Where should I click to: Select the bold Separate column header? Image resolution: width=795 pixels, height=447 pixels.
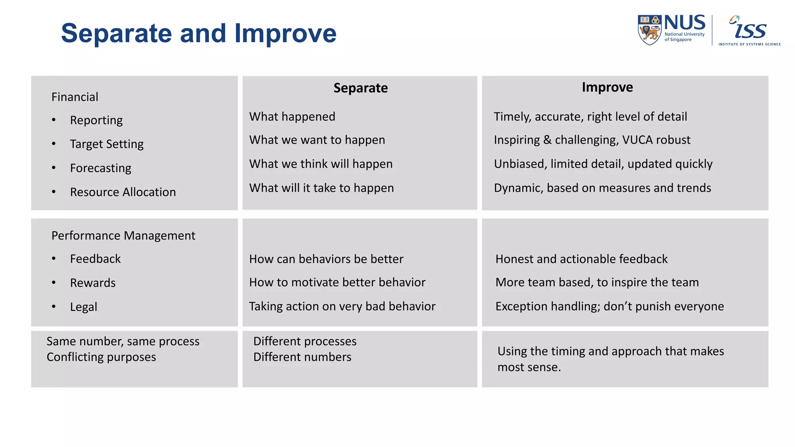point(360,88)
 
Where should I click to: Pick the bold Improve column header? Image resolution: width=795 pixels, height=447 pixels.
point(607,87)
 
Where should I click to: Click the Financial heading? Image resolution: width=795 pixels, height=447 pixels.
point(75,97)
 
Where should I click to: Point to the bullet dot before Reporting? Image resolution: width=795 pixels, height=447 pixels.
point(54,120)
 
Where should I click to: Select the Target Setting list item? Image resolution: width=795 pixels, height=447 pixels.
point(106,144)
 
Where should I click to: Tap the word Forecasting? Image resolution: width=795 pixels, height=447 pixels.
point(101,168)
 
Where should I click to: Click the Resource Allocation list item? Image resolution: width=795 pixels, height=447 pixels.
point(123,192)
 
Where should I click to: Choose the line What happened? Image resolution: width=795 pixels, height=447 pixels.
point(292,116)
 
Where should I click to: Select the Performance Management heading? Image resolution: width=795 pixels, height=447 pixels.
point(123,236)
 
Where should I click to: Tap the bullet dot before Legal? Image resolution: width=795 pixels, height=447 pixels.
point(54,307)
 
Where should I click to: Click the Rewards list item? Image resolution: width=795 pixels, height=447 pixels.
point(93,283)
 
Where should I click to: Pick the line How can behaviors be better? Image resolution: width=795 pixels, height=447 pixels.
point(326,259)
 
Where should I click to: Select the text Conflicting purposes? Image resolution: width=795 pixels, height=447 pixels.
point(101,357)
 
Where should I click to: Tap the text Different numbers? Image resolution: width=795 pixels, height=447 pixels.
point(302,357)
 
